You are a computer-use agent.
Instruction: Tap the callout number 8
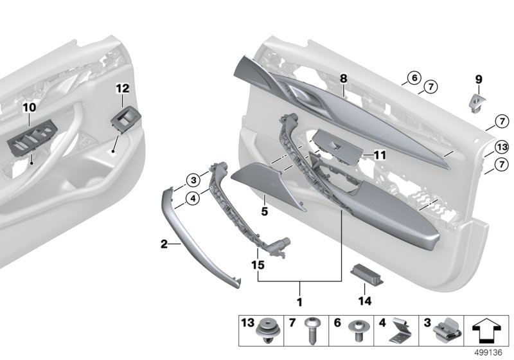344,78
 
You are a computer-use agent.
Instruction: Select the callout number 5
263,210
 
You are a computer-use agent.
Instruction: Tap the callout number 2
164,244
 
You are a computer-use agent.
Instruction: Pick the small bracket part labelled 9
476,101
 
